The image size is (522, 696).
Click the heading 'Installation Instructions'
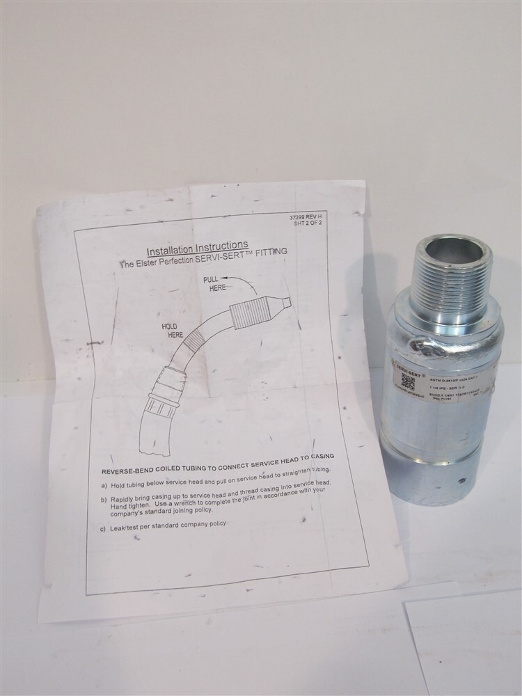pos(197,246)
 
